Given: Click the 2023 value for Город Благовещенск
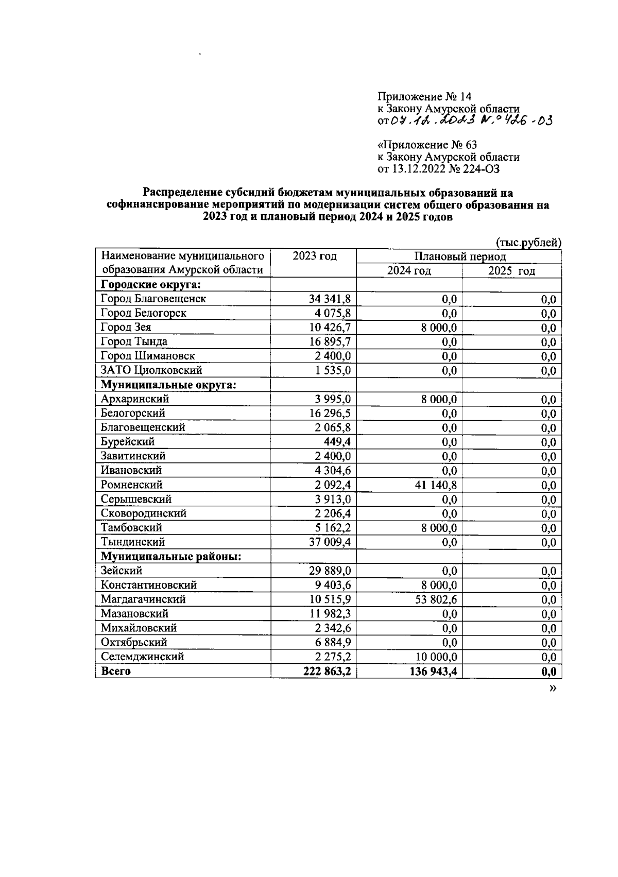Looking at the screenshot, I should [x=330, y=299].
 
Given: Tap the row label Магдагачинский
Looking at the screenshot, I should [x=143, y=599].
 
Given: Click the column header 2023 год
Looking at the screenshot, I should [x=314, y=256].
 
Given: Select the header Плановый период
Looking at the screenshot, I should [x=460, y=256].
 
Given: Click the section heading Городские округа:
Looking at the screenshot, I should [x=150, y=285].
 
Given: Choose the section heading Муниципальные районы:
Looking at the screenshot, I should [x=171, y=556].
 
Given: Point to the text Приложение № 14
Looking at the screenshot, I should [x=424, y=97].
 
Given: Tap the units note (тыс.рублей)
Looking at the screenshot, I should [x=528, y=242].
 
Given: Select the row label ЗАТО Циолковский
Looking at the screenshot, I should [x=151, y=370].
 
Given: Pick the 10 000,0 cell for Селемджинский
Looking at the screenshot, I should [x=433, y=657].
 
